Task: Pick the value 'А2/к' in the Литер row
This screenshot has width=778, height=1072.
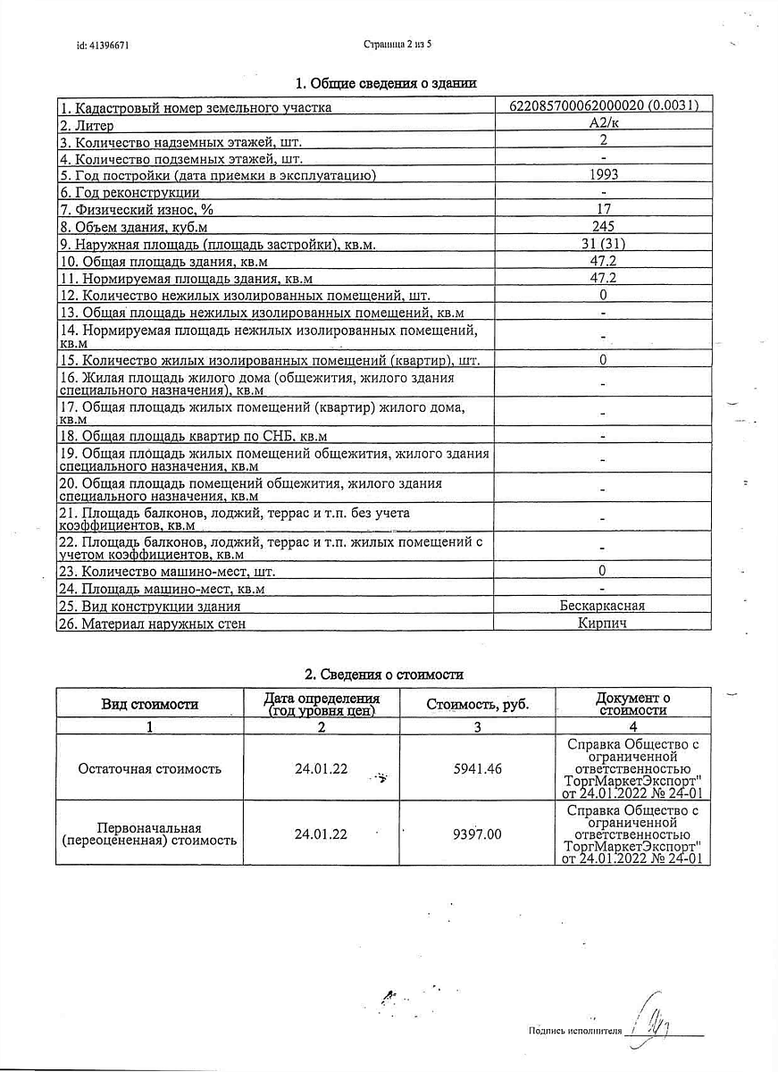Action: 603,123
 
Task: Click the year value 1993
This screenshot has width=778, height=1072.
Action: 604,174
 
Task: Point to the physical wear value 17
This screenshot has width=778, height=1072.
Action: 604,209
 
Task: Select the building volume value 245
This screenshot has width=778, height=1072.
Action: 603,226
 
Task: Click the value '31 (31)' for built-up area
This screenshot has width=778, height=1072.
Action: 603,243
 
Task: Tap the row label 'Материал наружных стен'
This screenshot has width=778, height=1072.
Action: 153,624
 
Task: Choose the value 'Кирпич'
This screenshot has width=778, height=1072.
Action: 602,623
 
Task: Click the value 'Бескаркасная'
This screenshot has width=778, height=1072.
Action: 602,606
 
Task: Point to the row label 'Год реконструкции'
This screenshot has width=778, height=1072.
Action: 130,192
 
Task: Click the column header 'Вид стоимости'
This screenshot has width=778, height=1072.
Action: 149,704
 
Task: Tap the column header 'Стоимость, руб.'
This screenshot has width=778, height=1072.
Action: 477,704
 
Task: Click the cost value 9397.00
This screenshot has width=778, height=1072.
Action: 477,833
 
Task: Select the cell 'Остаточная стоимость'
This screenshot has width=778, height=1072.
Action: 149,768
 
